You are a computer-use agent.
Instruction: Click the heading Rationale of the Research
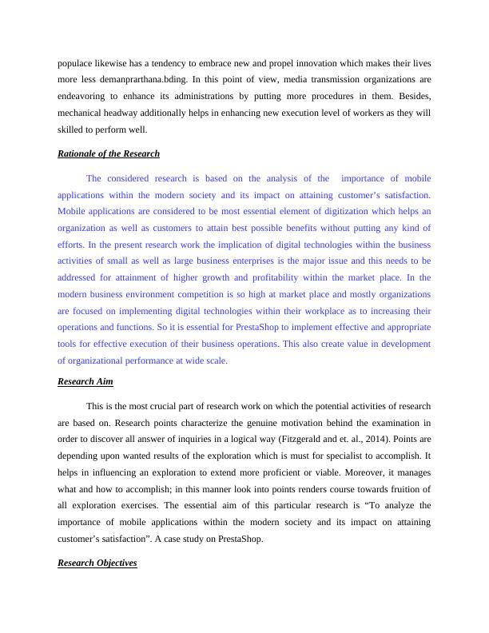coord(109,153)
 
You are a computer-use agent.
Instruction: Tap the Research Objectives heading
coord(97,563)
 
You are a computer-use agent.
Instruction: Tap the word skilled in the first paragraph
coord(73,129)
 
